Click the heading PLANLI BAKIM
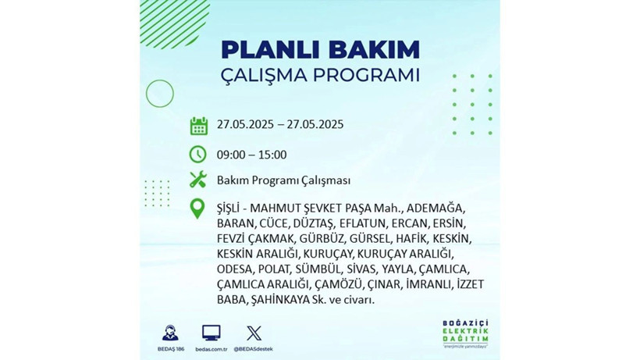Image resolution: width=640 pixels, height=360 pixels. click(x=320, y=49)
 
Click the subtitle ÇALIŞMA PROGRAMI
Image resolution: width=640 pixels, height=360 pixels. click(x=320, y=76)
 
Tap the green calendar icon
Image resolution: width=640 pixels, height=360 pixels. click(x=198, y=125)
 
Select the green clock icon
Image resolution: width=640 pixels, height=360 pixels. click(x=198, y=154)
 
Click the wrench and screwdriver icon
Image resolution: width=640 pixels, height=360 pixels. click(x=198, y=180)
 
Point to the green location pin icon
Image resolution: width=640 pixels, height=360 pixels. click(x=198, y=209)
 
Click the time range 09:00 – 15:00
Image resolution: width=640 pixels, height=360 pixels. click(x=251, y=155)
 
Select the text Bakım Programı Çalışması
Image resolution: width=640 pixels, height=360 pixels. click(x=283, y=180)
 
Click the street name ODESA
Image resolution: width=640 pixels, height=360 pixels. click(x=235, y=269)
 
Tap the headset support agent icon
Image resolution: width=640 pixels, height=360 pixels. click(x=169, y=333)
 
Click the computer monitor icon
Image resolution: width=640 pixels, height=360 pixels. click(x=211, y=333)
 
